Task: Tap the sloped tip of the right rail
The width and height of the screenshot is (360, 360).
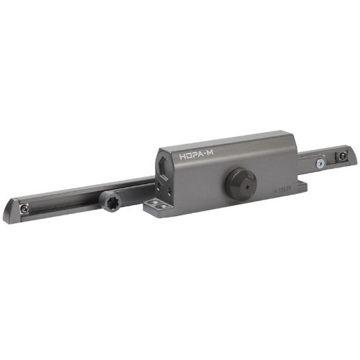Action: pos(352,157)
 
